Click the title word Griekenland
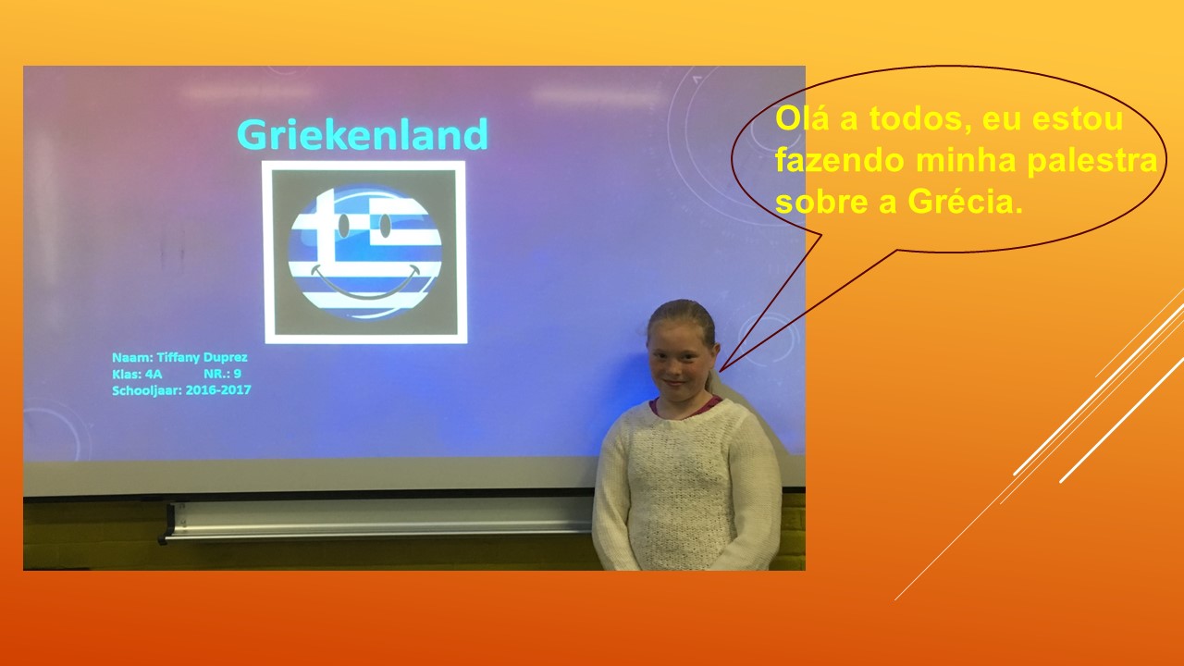tap(363, 134)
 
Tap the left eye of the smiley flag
tap(344, 225)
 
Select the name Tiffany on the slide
tap(179, 358)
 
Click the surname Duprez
tap(226, 358)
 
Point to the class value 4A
tap(154, 375)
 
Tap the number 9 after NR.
tap(238, 374)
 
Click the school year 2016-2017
tap(218, 390)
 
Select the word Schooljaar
tap(147, 390)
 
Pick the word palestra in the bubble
tap(1092, 161)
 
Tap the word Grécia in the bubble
tap(965, 202)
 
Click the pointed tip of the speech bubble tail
tap(720, 371)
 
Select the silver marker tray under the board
tap(378, 522)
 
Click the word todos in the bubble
tap(923, 118)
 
